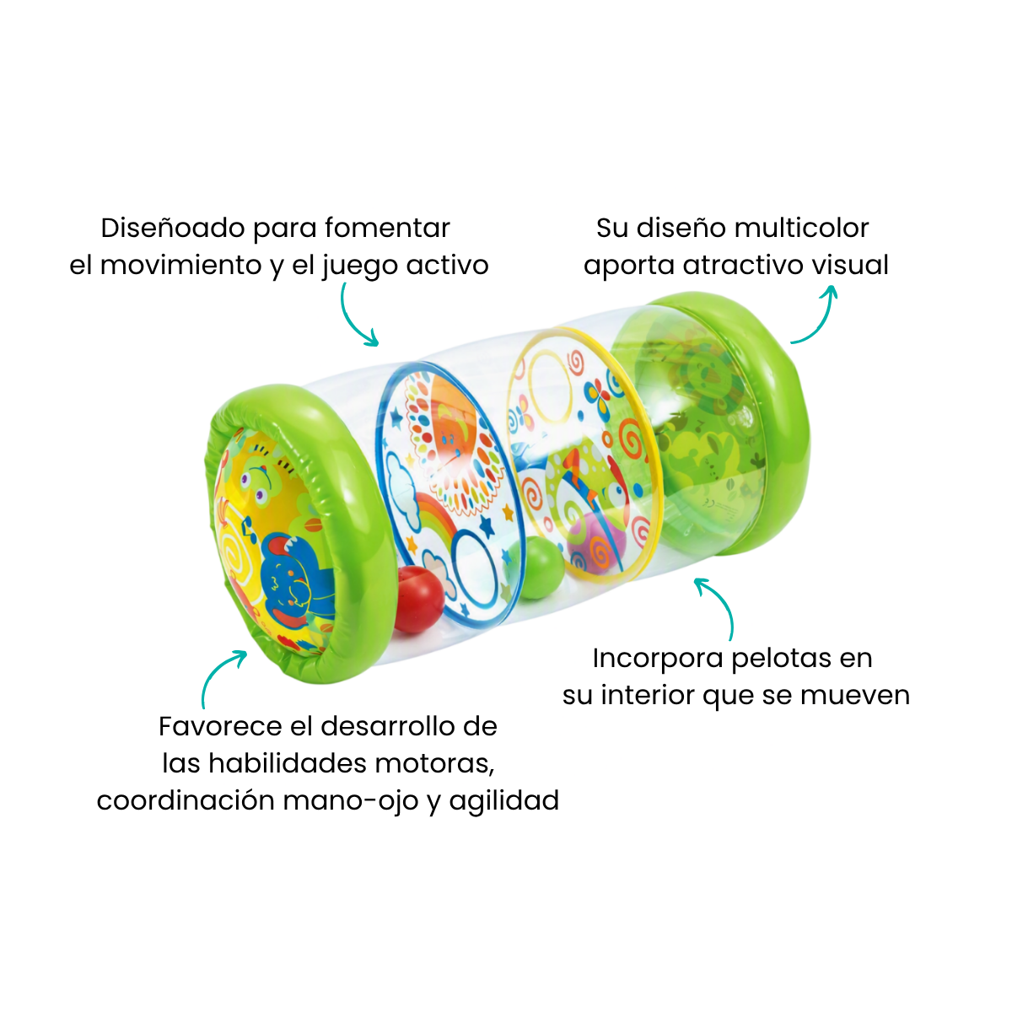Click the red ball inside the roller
pyautogui.click(x=418, y=600)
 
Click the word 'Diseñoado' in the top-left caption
pyautogui.click(x=173, y=229)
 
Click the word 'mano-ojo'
pyautogui.click(x=352, y=801)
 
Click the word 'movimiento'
pyautogui.click(x=180, y=265)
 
